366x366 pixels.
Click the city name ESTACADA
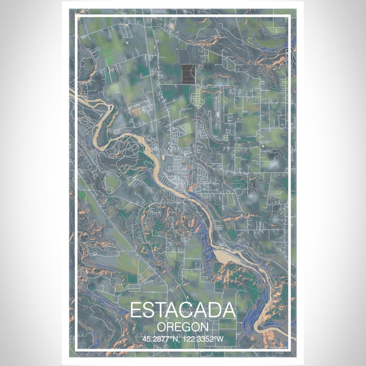[182, 310]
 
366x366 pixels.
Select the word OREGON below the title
[182, 326]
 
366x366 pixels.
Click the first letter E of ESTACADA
[135, 310]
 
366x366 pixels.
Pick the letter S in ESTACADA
[148, 310]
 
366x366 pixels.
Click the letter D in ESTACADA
[216, 310]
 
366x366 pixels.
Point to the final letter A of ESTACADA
[230, 310]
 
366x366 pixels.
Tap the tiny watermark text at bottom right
[278, 346]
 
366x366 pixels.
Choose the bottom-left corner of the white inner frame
[76, 349]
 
